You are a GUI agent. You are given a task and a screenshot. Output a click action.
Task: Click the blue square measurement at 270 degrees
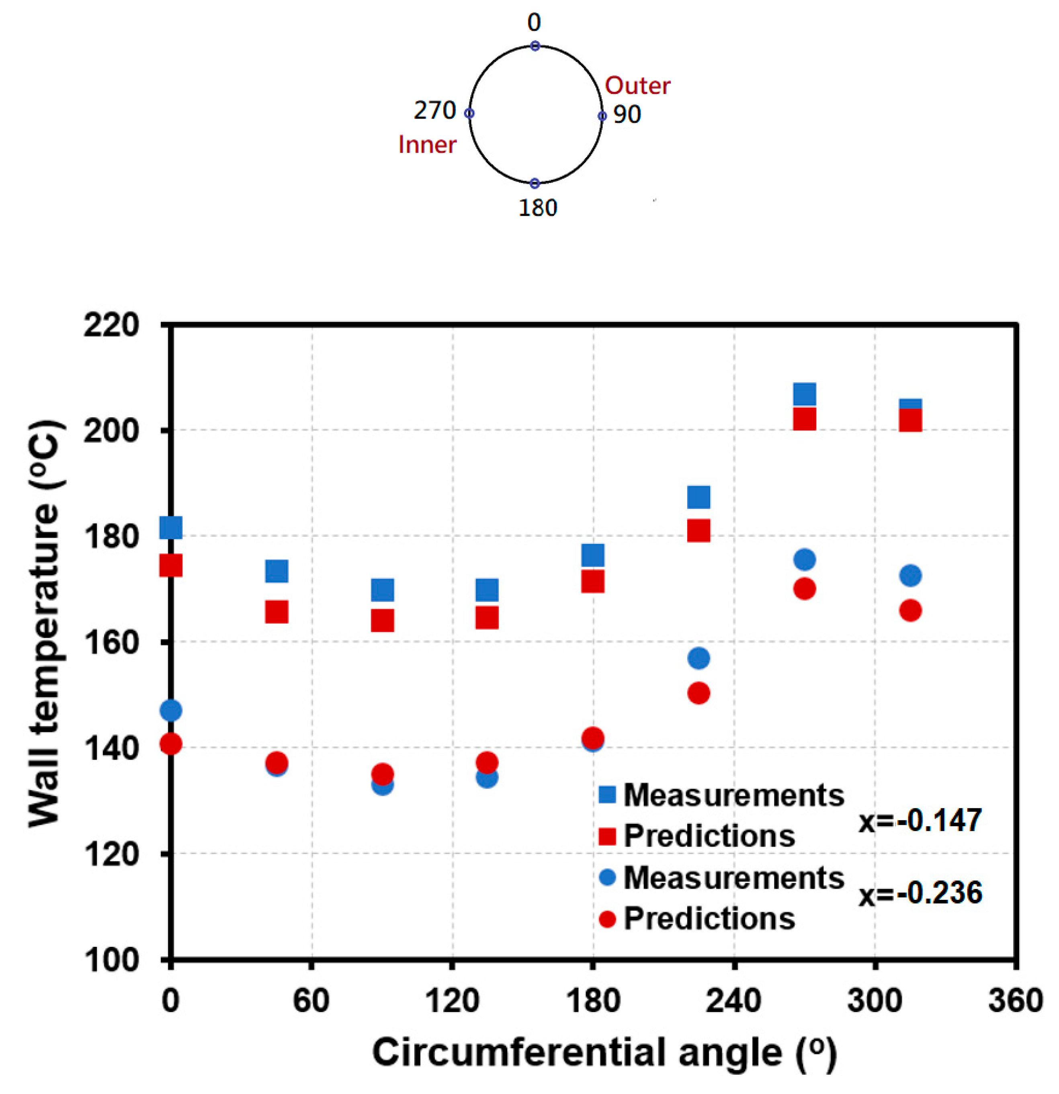pyautogui.click(x=804, y=394)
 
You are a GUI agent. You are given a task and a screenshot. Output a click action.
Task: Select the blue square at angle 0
pyautogui.click(x=171, y=527)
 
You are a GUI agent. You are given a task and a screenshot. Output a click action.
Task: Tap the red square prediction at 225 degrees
pyautogui.click(x=698, y=530)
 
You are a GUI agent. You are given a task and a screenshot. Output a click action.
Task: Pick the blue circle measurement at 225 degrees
pyautogui.click(x=698, y=658)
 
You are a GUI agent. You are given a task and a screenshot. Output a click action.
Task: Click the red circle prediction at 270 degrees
pyautogui.click(x=804, y=589)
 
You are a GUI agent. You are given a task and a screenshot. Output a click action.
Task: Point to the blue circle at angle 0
pyautogui.click(x=171, y=710)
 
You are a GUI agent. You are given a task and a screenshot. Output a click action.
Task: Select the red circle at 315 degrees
pyautogui.click(x=910, y=611)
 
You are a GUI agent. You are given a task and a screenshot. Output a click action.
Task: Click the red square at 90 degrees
pyautogui.click(x=382, y=620)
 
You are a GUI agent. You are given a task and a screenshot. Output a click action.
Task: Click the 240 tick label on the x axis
pyautogui.click(x=733, y=1000)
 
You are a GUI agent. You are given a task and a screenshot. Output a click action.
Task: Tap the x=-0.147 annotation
pyautogui.click(x=920, y=821)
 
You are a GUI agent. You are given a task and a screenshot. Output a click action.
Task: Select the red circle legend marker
pyautogui.click(x=607, y=919)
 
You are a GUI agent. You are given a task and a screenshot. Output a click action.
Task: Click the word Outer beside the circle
pyautogui.click(x=637, y=85)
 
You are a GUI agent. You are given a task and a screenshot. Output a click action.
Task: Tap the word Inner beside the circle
pyautogui.click(x=427, y=145)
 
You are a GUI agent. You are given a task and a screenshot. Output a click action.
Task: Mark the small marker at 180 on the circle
pyautogui.click(x=535, y=183)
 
